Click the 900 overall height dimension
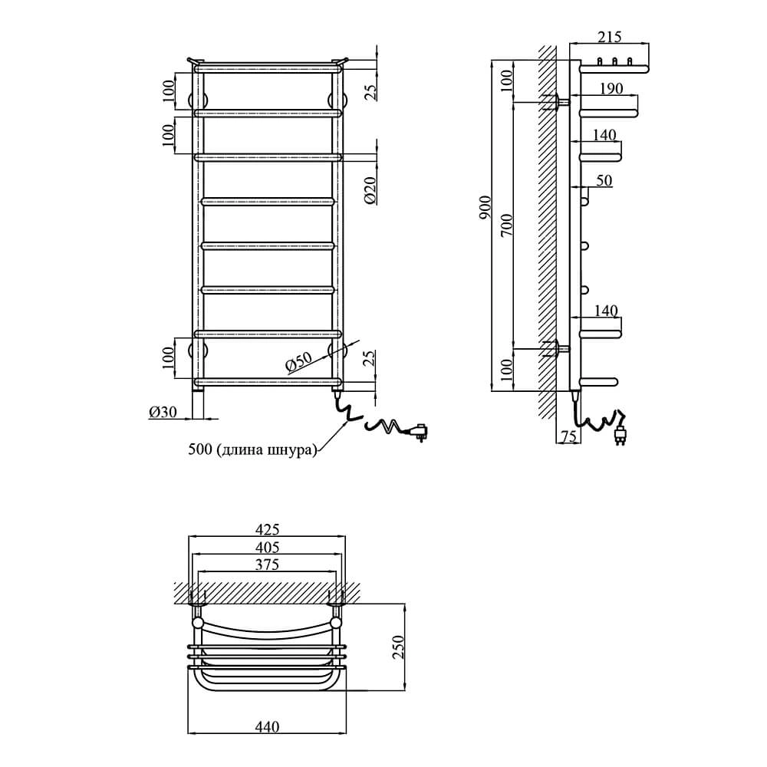[x=485, y=207]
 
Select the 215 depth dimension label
[x=610, y=37]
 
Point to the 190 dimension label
[x=611, y=88]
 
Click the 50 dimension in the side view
[x=604, y=180]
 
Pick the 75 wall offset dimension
[x=568, y=436]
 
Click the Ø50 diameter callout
[x=298, y=361]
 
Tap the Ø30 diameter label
[x=163, y=413]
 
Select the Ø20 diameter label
[x=370, y=189]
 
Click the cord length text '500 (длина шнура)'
[x=252, y=449]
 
